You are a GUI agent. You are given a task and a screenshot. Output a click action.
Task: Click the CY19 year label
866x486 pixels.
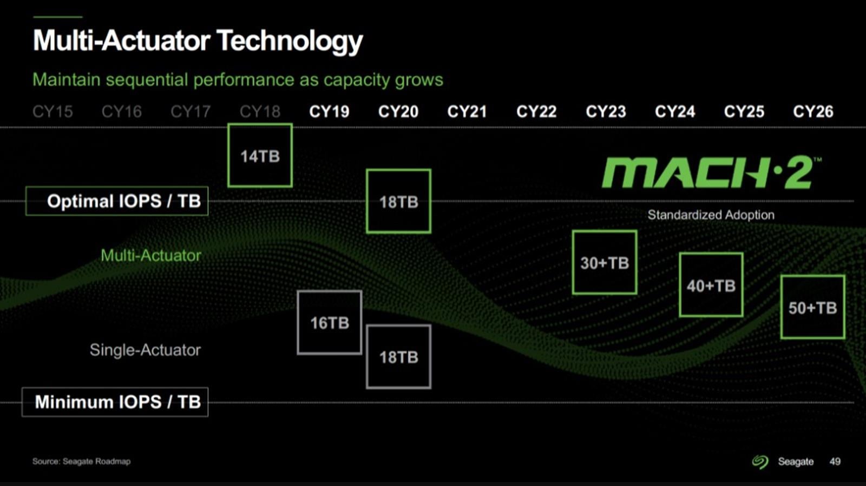329,112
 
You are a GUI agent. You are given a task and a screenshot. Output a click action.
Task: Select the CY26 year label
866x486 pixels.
813,112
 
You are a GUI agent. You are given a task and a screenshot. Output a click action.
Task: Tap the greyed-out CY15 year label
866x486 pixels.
53,112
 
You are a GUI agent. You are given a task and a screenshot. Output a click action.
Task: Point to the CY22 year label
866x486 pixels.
536,112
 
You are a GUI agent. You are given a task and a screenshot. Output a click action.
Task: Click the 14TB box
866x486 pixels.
260,156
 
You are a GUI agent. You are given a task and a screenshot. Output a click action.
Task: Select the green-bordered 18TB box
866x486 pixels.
398,202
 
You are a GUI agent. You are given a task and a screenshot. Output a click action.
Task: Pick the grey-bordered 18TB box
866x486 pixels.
398,357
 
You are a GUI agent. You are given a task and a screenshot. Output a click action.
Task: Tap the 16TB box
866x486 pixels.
329,323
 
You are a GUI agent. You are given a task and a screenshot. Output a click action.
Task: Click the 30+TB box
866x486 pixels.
604,263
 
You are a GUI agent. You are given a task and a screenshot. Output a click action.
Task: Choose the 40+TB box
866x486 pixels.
711,285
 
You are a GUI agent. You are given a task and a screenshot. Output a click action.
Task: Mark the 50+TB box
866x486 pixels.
812,308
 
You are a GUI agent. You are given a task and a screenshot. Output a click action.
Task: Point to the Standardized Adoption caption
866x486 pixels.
711,215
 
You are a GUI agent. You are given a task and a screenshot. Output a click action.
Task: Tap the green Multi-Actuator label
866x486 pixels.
150,255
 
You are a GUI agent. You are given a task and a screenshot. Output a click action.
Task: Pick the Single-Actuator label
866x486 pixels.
145,350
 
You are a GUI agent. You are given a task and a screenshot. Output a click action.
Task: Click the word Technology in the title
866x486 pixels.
289,41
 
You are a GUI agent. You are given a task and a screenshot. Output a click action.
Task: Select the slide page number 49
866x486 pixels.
835,462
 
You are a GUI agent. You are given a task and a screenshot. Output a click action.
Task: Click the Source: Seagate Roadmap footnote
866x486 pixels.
81,461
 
